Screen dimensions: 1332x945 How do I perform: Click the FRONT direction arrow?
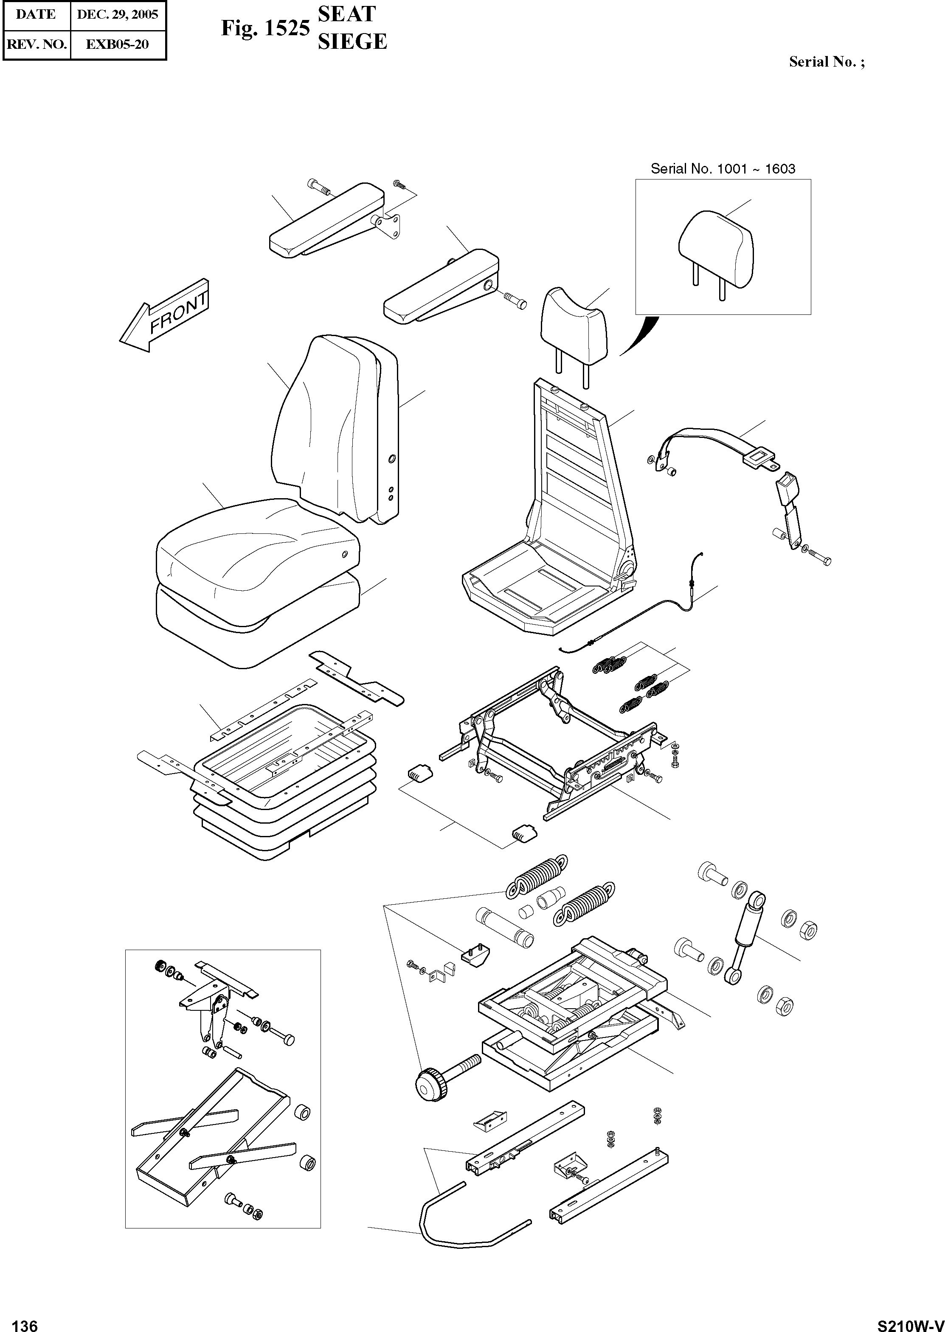tap(165, 317)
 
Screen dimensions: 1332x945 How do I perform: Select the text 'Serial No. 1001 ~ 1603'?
tap(722, 169)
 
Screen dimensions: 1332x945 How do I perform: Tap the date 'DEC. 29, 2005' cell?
tap(118, 14)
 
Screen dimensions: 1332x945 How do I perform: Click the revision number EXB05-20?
tap(118, 44)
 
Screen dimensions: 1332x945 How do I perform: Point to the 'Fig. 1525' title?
tap(265, 28)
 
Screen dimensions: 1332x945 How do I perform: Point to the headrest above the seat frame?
tap(573, 323)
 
